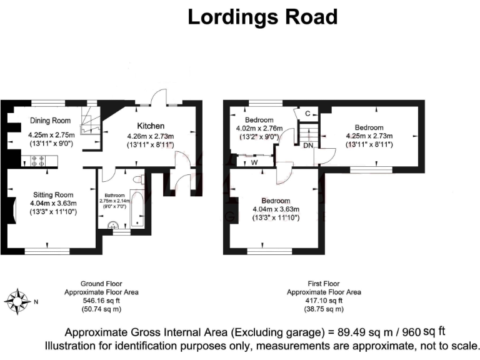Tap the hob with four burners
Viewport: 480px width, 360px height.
coord(37,161)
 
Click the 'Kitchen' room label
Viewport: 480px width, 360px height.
coord(151,126)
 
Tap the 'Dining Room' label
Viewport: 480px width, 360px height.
coord(51,121)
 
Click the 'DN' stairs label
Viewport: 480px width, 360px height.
coord(308,146)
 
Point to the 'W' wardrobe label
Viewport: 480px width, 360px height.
coord(254,162)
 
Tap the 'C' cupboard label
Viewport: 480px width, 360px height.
coord(307,113)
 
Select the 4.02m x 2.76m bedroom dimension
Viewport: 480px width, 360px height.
coord(259,129)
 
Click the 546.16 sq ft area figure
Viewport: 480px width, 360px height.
coord(101,300)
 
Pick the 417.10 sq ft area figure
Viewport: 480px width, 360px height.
coord(323,300)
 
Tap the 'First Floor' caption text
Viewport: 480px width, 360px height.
coord(323,283)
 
